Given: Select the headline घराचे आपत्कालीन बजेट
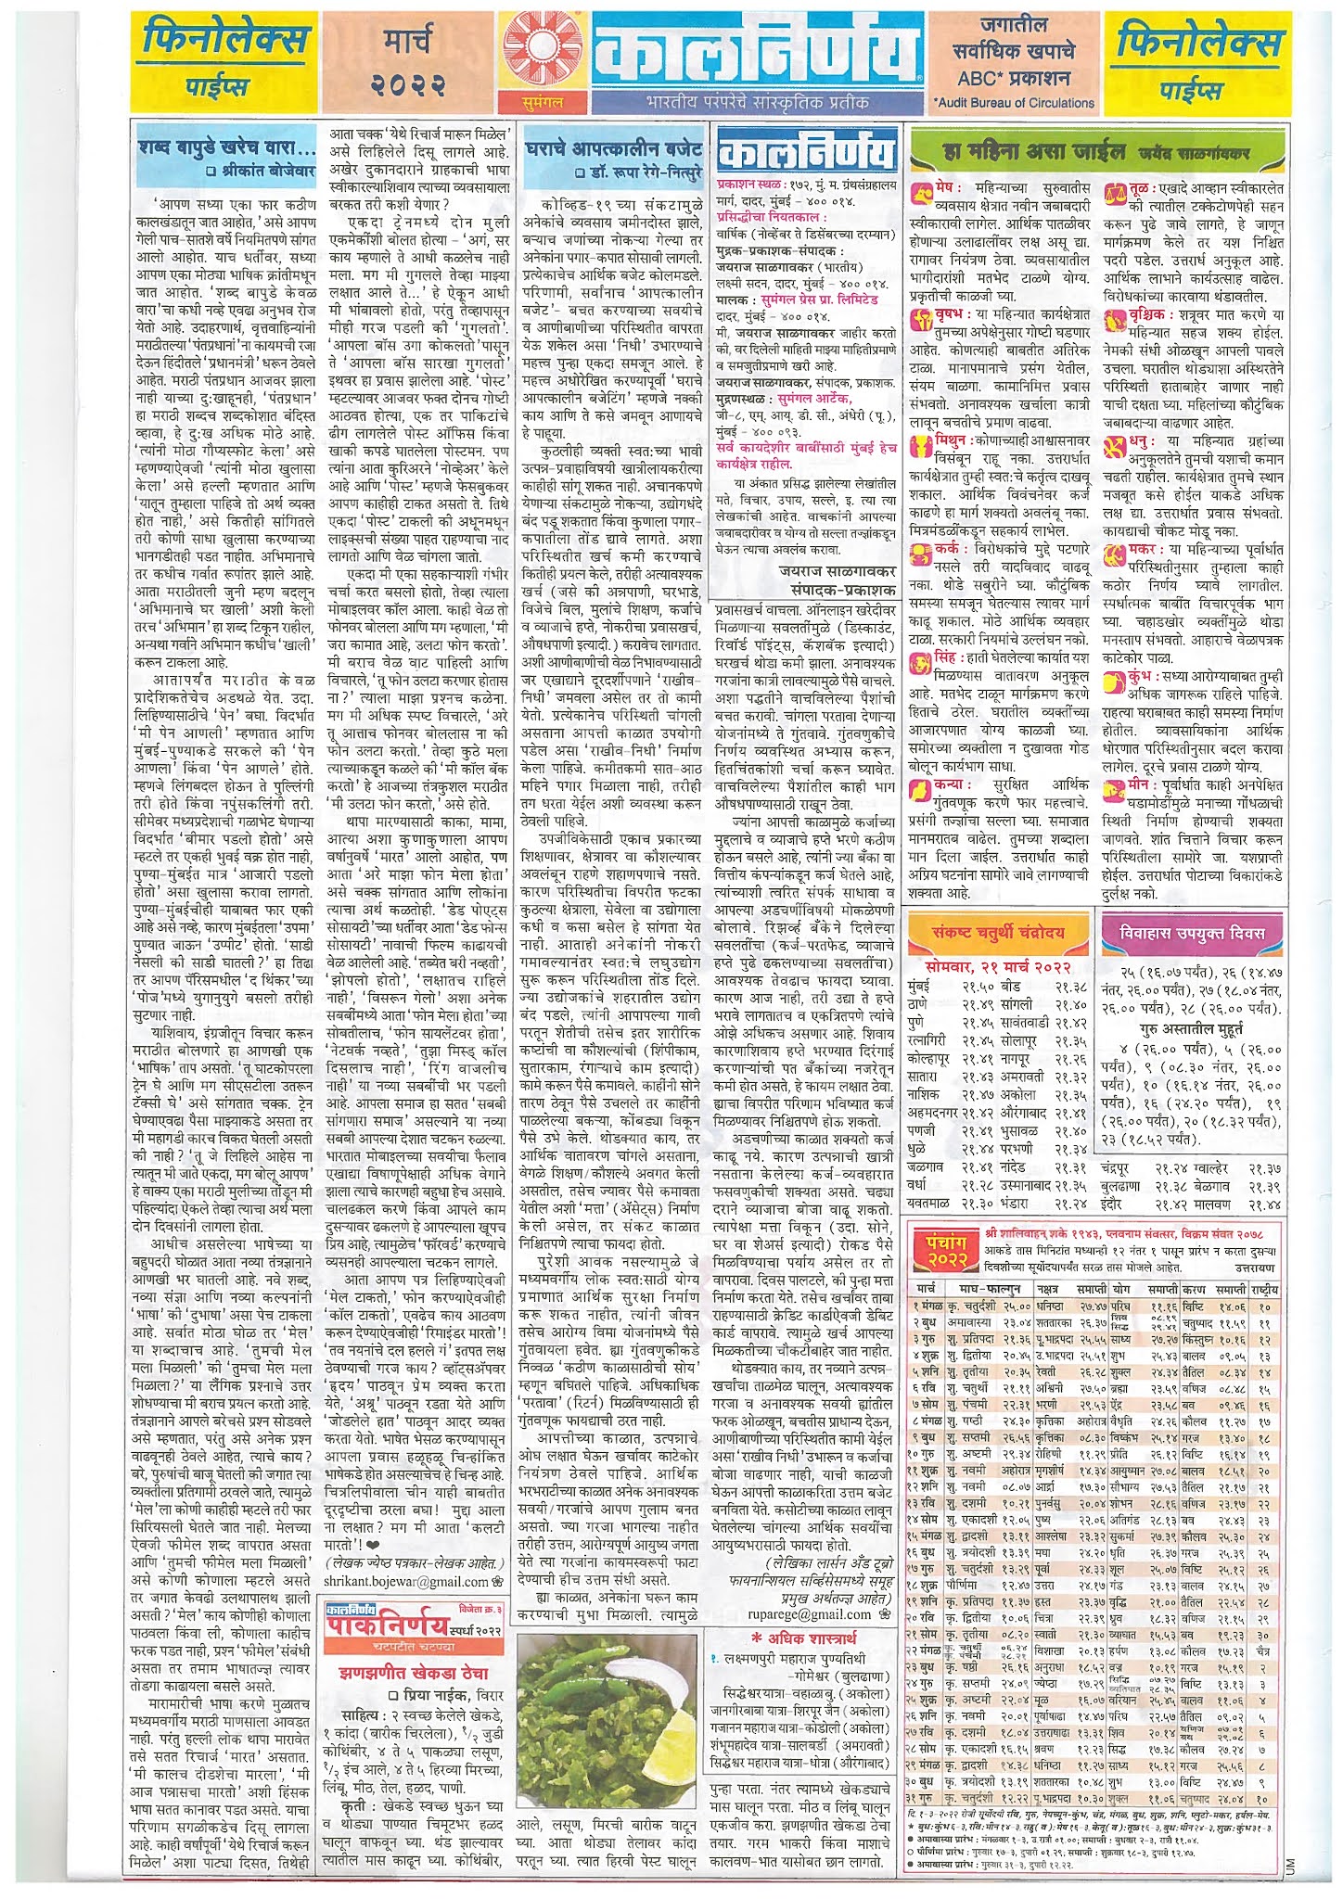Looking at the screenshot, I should click(613, 148).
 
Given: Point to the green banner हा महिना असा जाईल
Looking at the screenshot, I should click(1019, 151).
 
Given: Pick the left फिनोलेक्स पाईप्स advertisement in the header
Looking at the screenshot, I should click(226, 60).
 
